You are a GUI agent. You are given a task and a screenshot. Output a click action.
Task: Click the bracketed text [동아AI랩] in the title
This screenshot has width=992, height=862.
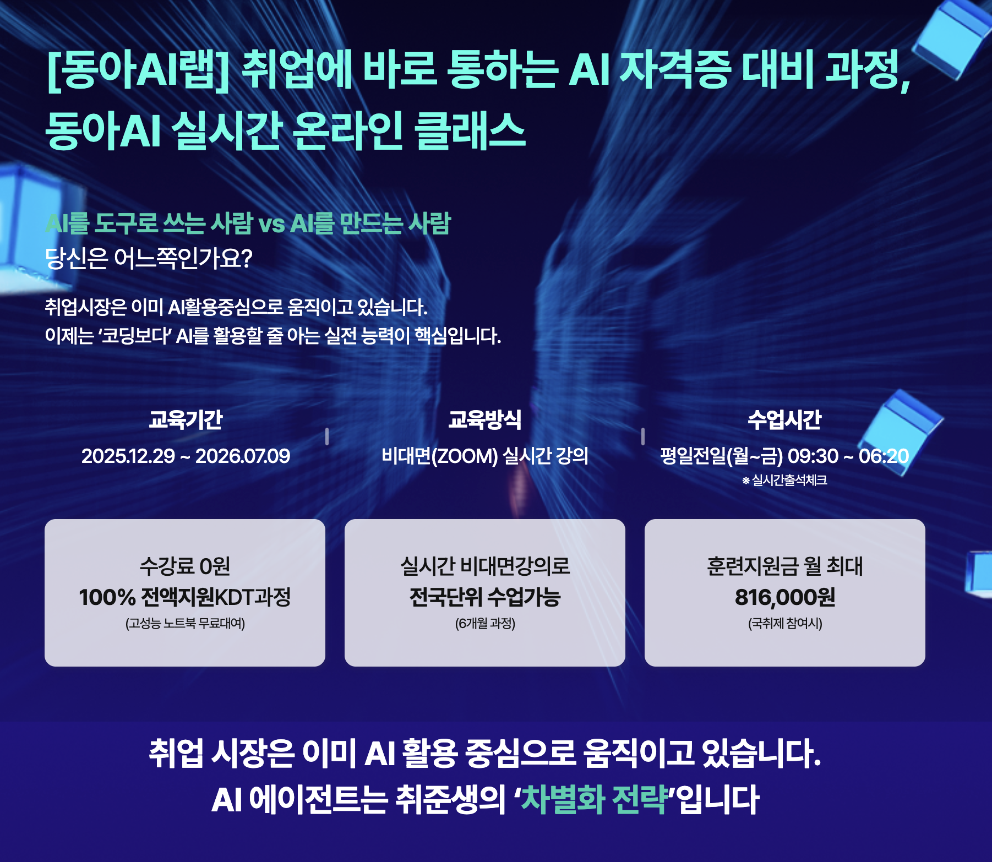pyautogui.click(x=138, y=70)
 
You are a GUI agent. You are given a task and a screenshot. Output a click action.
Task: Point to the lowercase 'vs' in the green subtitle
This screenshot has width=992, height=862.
pyautogui.click(x=271, y=223)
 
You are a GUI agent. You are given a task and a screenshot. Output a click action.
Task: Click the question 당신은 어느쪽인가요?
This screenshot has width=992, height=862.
pyautogui.click(x=149, y=258)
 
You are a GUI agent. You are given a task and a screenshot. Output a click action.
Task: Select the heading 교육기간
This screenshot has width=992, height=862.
pyautogui.click(x=186, y=419)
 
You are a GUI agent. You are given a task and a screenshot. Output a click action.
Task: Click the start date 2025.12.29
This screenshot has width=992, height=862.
pyautogui.click(x=128, y=456)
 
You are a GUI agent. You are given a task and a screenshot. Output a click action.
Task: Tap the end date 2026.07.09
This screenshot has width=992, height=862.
pyautogui.click(x=243, y=456)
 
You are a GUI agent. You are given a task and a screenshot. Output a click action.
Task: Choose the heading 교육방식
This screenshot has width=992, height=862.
pyautogui.click(x=484, y=419)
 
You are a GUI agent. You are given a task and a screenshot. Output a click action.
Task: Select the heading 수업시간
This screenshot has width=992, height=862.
pyautogui.click(x=784, y=419)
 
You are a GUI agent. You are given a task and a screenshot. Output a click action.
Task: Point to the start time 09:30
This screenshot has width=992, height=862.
pyautogui.click(x=813, y=456)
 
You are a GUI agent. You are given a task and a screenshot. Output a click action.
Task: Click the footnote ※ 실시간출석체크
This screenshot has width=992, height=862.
pyautogui.click(x=784, y=481)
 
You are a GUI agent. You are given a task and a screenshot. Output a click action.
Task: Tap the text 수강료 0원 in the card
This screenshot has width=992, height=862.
pyautogui.click(x=185, y=566)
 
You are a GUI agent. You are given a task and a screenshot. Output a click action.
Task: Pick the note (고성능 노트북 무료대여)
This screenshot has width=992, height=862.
pyautogui.click(x=185, y=623)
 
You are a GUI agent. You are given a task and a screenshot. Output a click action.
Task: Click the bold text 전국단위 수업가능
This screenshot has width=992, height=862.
pyautogui.click(x=484, y=597)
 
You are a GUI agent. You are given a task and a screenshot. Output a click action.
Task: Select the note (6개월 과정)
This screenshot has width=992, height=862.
pyautogui.click(x=484, y=623)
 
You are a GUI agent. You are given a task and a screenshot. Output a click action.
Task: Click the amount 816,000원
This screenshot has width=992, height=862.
pyautogui.click(x=784, y=597)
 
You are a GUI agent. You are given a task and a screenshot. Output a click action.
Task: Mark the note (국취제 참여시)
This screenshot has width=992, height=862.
pyautogui.click(x=784, y=623)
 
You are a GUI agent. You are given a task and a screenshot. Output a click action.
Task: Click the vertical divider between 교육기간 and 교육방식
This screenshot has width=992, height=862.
pyautogui.click(x=327, y=437)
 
